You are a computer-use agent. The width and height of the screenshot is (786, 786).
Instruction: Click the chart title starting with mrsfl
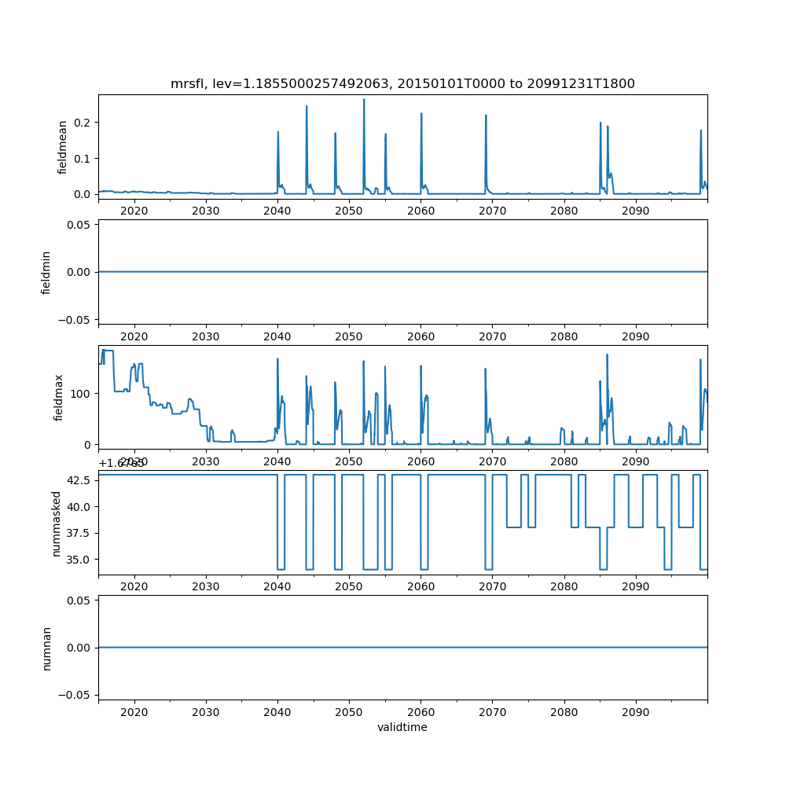coord(402,83)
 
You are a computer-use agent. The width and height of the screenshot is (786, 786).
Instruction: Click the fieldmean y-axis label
coord(62,147)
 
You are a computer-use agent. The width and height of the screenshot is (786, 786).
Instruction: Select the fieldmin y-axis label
coord(46,272)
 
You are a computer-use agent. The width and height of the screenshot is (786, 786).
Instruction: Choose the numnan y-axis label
coord(46,648)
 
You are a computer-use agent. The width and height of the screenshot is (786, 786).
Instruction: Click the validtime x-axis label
coord(402,728)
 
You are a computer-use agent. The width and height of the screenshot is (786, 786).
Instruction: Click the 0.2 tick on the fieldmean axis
coord(80,123)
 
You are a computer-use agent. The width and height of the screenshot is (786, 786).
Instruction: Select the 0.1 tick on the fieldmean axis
coord(80,158)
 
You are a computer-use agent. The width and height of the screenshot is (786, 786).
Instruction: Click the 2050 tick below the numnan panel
coord(349,711)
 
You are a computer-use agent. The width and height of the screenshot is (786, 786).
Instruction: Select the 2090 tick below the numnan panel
coord(635,711)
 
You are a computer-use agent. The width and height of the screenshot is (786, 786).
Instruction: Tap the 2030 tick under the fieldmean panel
coord(206,211)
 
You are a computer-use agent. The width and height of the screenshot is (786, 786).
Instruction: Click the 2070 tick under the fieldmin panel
coord(492,336)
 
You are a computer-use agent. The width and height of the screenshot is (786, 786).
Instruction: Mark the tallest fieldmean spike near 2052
coord(364,99)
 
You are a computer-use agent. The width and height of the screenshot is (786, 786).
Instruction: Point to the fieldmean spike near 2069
coord(486,116)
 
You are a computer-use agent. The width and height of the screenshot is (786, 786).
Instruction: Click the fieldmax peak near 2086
coord(607,354)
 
